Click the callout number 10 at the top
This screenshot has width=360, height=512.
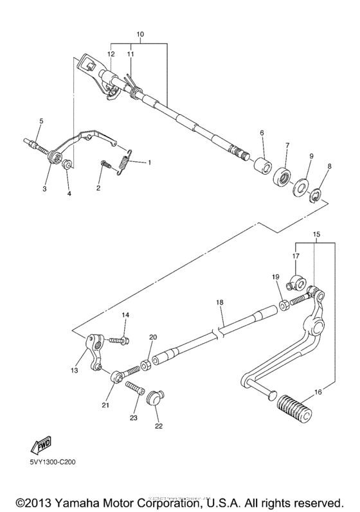(141, 33)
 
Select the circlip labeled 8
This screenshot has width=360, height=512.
(317, 195)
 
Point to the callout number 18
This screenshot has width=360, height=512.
(220, 301)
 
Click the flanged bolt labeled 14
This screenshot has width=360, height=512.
(120, 339)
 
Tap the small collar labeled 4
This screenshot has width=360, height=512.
(66, 168)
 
